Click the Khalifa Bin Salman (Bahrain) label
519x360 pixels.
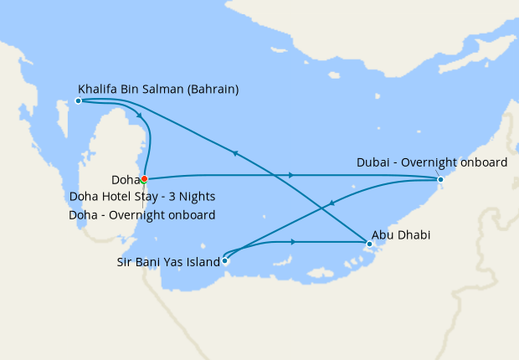(158, 87)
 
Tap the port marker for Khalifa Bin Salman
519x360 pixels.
(78, 100)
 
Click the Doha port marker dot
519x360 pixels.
(145, 178)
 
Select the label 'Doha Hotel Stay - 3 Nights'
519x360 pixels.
(142, 197)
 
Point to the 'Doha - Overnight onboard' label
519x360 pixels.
(141, 215)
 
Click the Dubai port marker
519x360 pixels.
(440, 179)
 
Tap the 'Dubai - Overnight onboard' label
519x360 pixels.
(431, 162)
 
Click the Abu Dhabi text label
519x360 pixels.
(401, 235)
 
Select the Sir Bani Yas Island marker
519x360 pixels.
(224, 260)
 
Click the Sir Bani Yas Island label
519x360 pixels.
(168, 261)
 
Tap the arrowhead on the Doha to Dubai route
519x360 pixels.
(290, 175)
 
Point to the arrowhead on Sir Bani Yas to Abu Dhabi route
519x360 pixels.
(293, 242)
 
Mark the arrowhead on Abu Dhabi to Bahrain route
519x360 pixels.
(235, 152)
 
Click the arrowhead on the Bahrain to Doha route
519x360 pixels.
(138, 116)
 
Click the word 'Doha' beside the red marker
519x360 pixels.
(125, 179)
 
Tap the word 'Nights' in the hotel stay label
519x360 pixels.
(197, 197)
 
